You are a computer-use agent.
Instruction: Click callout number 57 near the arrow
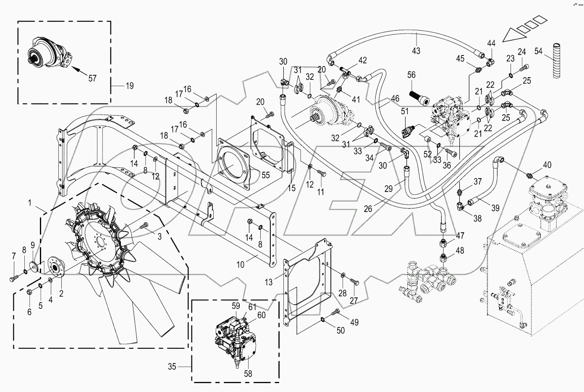click(x=92, y=78)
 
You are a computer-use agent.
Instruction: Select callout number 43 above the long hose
click(x=416, y=51)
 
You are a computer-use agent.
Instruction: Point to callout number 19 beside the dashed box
click(x=129, y=86)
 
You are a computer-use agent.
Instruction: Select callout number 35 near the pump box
click(x=172, y=366)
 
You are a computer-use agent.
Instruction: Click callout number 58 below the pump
click(x=248, y=373)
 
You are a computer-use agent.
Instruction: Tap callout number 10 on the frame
click(x=241, y=265)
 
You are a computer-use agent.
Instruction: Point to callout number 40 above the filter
click(x=547, y=165)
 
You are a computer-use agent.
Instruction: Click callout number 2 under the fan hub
click(x=61, y=294)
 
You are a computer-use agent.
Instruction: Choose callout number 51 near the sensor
click(x=404, y=111)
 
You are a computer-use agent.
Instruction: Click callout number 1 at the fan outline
click(x=30, y=203)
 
